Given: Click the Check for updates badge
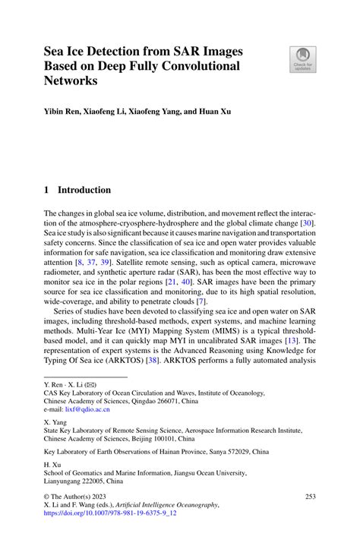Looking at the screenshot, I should tap(303, 60).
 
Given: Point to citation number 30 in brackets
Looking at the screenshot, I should tap(307, 226).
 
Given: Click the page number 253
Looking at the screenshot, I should tap(309, 496).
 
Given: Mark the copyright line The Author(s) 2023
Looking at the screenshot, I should tap(76, 496).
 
